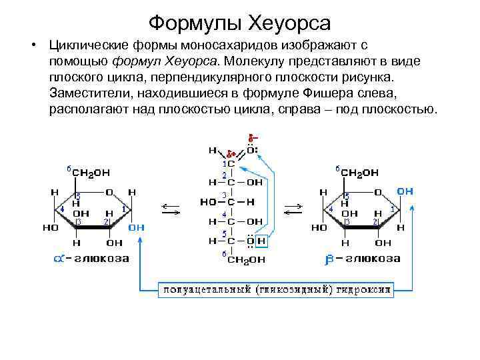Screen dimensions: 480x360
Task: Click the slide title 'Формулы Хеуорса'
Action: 239,24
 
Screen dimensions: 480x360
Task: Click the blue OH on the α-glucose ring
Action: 136,227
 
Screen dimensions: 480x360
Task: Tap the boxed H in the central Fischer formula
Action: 261,241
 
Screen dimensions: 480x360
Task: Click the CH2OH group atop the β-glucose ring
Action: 361,172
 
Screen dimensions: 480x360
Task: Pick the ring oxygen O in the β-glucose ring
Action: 378,192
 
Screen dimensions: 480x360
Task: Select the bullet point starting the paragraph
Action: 31,46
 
